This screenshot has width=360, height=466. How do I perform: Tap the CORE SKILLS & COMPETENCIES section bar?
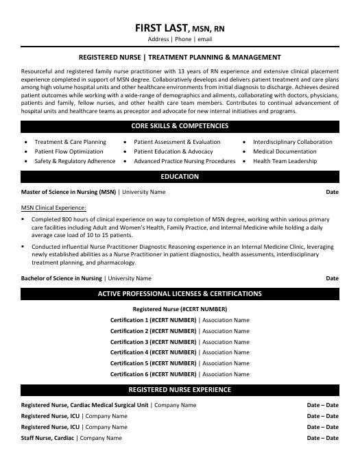pyautogui.click(x=180, y=126)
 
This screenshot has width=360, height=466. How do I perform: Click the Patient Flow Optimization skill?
pyautogui.click(x=69, y=151)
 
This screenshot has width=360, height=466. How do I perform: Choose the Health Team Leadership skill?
pyautogui.click(x=285, y=161)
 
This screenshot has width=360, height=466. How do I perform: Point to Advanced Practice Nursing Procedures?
pyautogui.click(x=184, y=161)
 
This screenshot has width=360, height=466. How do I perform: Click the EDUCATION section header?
pyautogui.click(x=180, y=177)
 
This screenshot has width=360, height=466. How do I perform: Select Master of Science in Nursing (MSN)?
pyautogui.click(x=69, y=193)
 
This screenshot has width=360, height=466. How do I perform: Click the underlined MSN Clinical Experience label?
pyautogui.click(x=53, y=207)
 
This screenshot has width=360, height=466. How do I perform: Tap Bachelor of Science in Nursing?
pyautogui.click(x=62, y=278)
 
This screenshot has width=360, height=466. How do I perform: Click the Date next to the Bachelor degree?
pyautogui.click(x=332, y=278)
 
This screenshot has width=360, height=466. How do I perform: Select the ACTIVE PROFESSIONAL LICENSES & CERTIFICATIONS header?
pyautogui.click(x=180, y=294)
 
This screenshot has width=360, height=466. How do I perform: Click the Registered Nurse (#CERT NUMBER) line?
pyautogui.click(x=180, y=309)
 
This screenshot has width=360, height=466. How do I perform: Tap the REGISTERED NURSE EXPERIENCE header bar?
pyautogui.click(x=180, y=390)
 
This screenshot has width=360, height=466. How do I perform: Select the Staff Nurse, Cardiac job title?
pyautogui.click(x=48, y=437)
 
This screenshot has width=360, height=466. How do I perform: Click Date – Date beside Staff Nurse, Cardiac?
pyautogui.click(x=322, y=437)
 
